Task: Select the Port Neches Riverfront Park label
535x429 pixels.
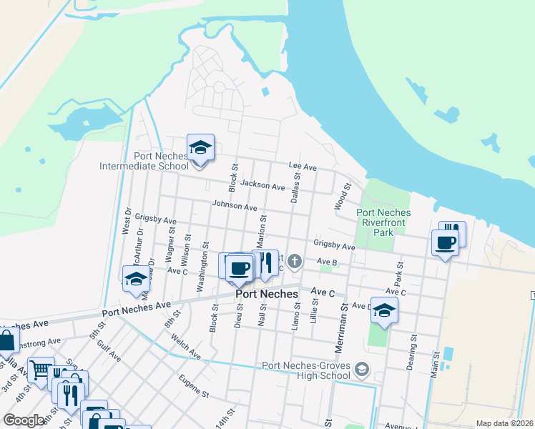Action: click(x=383, y=222)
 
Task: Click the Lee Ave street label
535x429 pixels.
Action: click(x=303, y=166)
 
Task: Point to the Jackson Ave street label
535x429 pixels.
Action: click(x=262, y=185)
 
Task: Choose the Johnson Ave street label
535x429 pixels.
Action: click(x=234, y=207)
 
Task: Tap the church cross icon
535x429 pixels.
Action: click(x=295, y=260)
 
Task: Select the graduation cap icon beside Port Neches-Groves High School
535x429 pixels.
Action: click(x=363, y=370)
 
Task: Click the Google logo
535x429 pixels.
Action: click(x=24, y=420)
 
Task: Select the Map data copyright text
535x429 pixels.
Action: click(x=504, y=423)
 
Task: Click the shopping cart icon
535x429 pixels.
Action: click(x=41, y=370)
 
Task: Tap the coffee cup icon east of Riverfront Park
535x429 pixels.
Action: click(x=445, y=243)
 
